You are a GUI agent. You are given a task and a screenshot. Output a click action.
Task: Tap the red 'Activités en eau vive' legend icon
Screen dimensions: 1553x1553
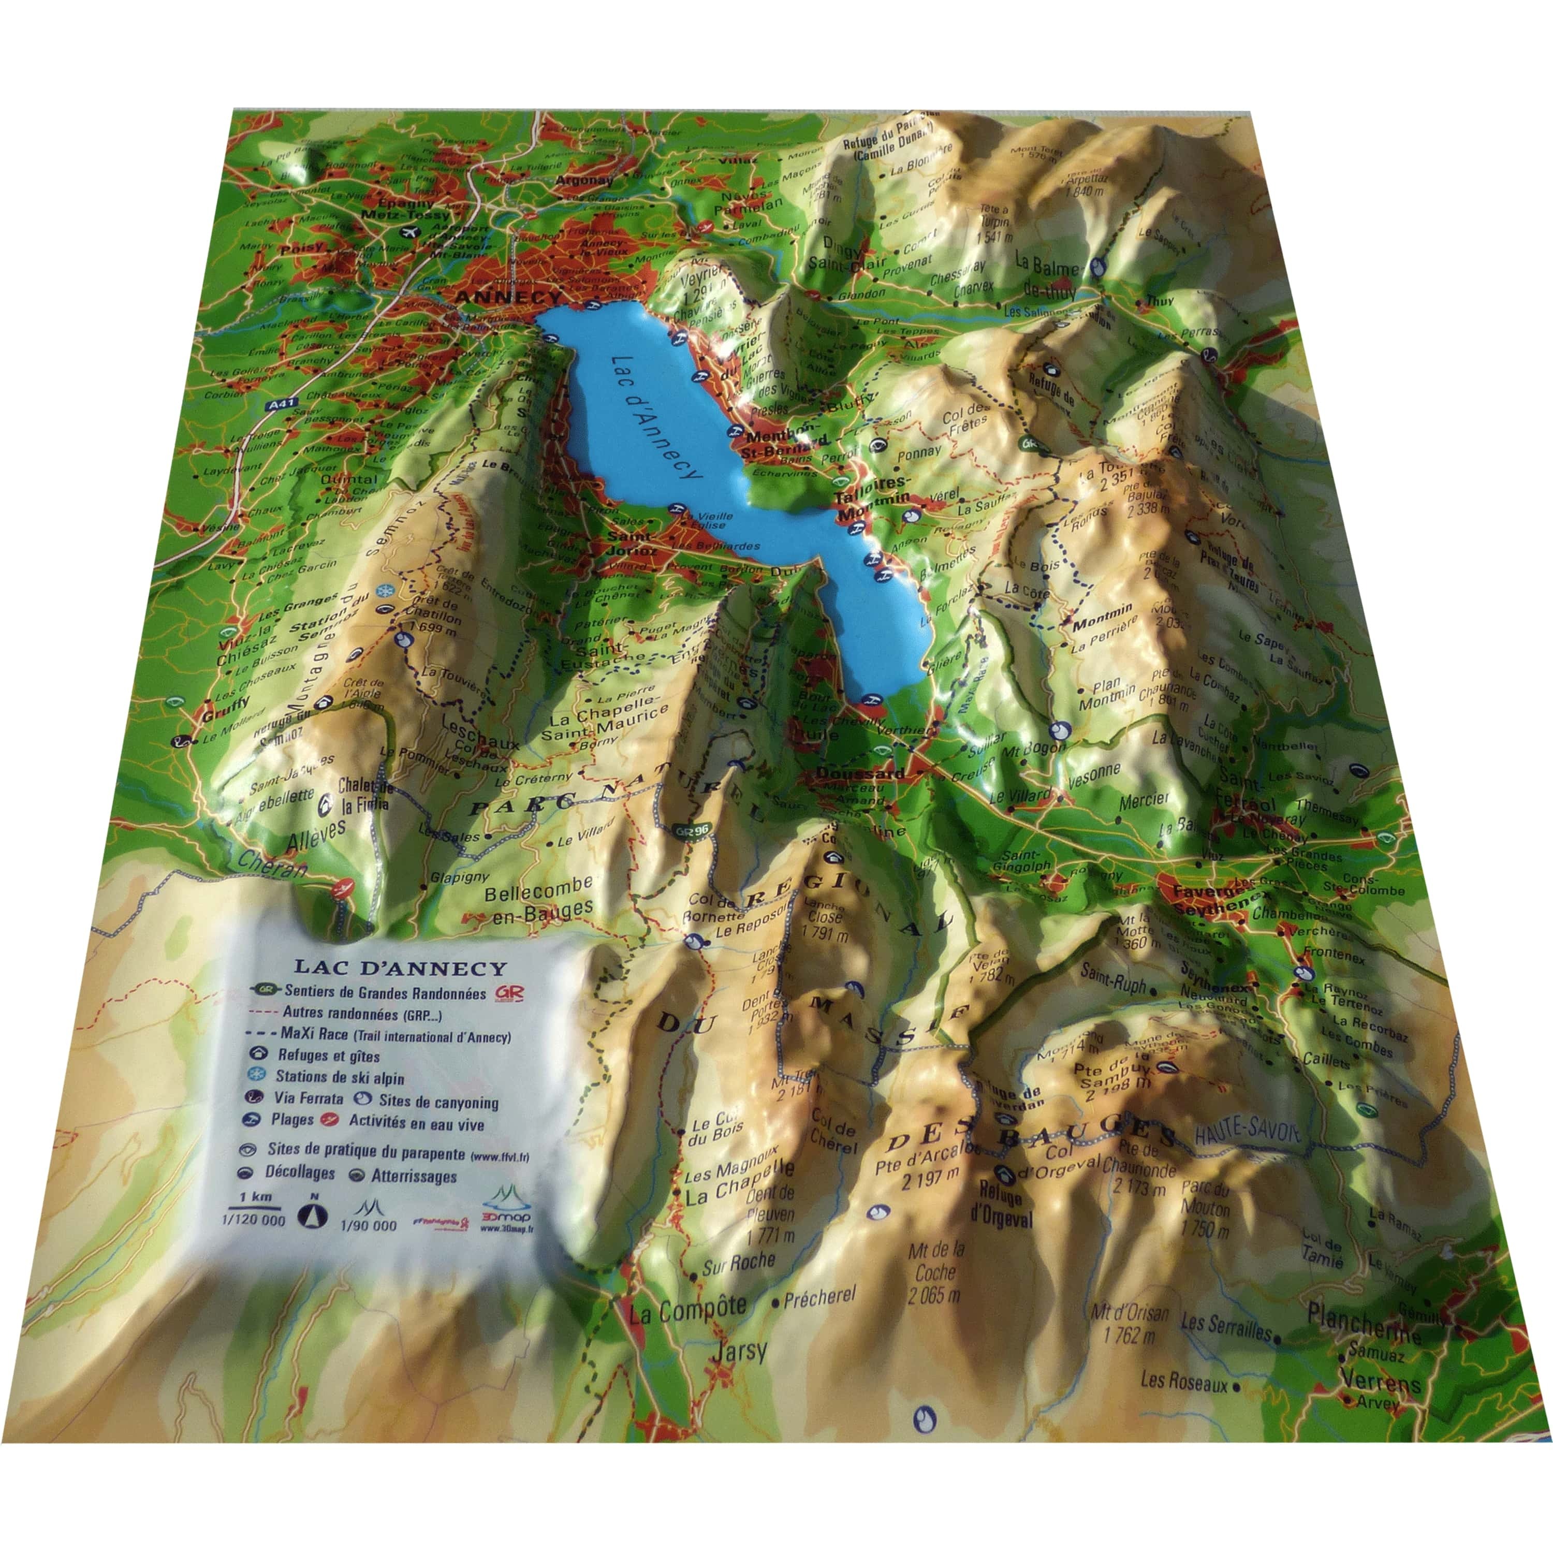coord(328,1120)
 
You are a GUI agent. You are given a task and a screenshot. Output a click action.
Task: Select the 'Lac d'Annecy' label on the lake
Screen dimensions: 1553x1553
coord(655,417)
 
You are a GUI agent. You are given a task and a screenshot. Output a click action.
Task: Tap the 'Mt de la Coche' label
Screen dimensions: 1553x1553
coord(935,1272)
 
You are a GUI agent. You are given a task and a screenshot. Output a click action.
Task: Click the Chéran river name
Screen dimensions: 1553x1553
coord(273,863)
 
